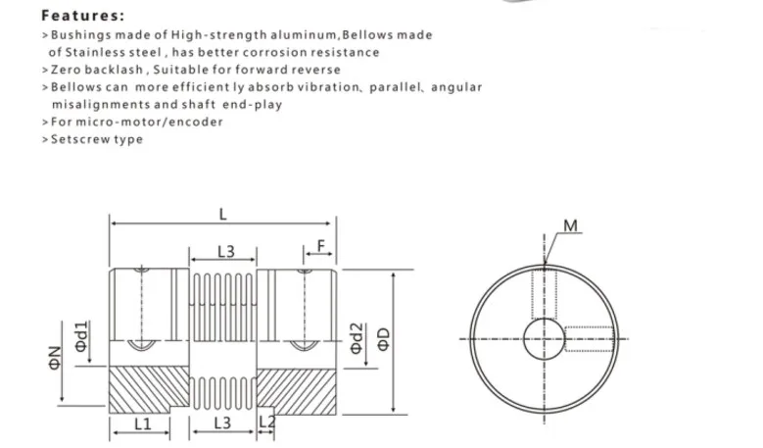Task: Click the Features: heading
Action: click(x=82, y=16)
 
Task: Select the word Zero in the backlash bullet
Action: click(x=66, y=70)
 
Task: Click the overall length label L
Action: click(x=223, y=215)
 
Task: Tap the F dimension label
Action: click(x=320, y=246)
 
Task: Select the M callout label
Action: click(x=570, y=225)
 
